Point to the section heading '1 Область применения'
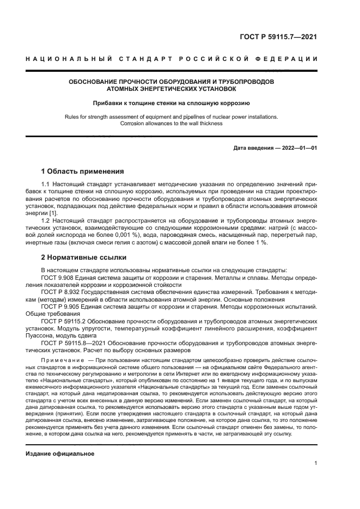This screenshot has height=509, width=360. click(83, 170)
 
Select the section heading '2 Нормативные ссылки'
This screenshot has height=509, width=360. click(84, 256)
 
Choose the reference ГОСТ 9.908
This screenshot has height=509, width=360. click(58, 277)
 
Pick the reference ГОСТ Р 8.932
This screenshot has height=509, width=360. click(60, 292)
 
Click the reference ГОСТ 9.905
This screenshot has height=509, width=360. click(58, 306)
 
